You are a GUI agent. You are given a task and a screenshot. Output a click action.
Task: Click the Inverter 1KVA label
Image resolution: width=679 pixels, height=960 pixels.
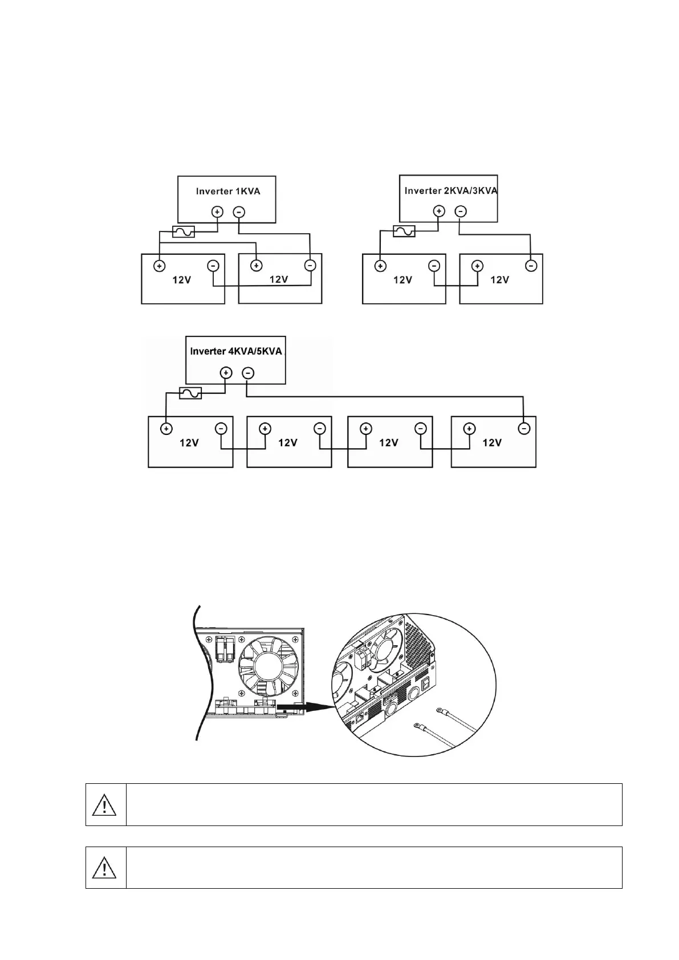227,191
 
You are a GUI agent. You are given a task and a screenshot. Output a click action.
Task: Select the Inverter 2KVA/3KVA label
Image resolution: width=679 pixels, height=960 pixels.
450,190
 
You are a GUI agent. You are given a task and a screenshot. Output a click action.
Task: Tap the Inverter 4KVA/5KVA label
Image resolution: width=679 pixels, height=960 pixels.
235,351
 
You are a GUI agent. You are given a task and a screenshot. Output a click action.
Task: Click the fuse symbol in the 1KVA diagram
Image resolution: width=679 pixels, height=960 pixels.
183,231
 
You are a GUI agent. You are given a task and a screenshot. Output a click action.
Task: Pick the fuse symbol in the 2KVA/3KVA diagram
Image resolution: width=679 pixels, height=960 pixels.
404,231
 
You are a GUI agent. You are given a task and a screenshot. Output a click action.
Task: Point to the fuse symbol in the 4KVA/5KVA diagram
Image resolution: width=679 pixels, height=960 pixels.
190,393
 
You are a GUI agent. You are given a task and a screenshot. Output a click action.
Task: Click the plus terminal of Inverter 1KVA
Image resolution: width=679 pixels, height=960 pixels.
217,211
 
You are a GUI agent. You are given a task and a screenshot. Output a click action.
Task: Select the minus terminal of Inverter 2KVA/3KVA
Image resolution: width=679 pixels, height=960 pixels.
461,211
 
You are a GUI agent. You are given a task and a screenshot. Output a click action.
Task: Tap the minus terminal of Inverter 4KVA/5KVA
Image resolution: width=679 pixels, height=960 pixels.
248,373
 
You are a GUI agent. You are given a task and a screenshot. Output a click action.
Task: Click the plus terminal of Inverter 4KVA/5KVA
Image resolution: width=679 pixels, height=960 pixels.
226,373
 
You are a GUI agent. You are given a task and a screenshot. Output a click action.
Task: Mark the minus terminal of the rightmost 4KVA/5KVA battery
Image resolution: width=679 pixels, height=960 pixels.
524,428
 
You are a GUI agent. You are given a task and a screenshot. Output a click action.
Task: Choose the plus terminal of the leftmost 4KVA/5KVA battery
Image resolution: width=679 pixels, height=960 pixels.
166,428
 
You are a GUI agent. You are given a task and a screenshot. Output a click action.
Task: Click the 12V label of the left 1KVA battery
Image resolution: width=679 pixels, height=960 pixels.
182,280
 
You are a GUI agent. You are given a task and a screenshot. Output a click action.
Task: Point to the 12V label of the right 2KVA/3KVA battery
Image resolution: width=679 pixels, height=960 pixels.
499,280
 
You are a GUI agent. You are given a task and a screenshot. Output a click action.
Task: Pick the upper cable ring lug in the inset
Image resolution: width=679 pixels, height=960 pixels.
440,710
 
